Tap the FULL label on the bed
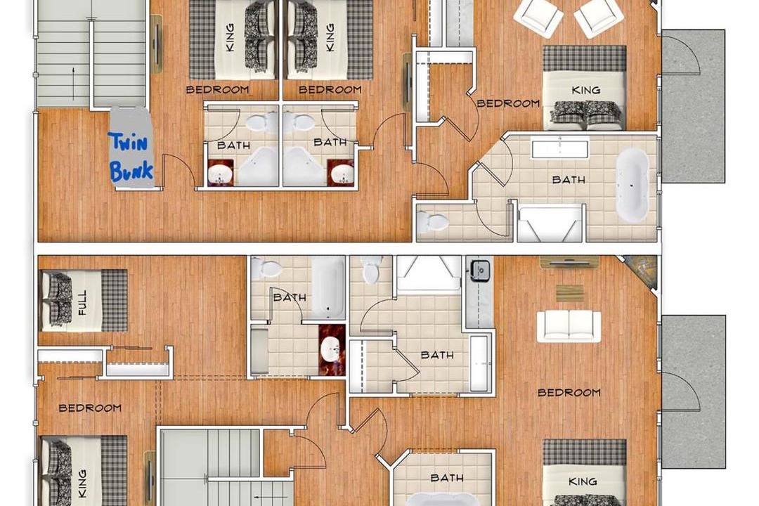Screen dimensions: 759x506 click(x=83, y=301)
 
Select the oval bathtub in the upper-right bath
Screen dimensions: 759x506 click(x=632, y=185)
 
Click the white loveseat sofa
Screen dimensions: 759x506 click(x=569, y=326)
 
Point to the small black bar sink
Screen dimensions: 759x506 click(x=479, y=268)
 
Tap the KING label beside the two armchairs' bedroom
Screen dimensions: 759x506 click(x=585, y=90)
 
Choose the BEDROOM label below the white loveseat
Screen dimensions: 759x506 click(x=569, y=392)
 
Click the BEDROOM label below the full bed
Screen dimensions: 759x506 click(x=90, y=408)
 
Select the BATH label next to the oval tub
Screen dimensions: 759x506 click(x=569, y=180)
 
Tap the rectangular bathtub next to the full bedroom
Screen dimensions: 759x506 click(x=327, y=287)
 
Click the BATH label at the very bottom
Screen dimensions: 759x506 click(x=447, y=478)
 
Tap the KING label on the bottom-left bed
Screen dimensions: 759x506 click(x=83, y=483)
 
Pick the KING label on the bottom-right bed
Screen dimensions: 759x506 click(x=583, y=481)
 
